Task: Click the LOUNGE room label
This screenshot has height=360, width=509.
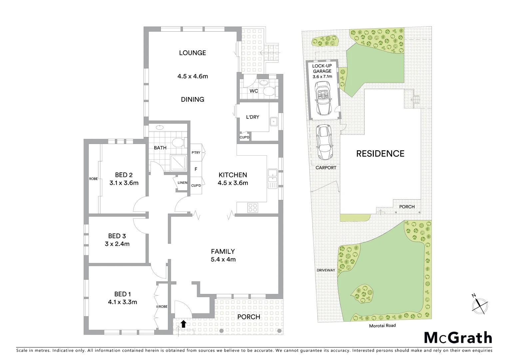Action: (193, 53)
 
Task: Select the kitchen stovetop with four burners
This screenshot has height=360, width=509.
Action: (252, 208)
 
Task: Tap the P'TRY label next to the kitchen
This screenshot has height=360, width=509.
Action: (196, 153)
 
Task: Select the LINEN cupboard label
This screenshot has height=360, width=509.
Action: (183, 183)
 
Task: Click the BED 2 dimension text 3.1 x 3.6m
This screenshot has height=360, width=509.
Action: (124, 183)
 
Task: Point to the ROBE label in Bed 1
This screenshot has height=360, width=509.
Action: (163, 306)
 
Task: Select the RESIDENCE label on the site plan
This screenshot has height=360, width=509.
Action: (380, 154)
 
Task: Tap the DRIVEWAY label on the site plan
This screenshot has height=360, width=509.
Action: (325, 270)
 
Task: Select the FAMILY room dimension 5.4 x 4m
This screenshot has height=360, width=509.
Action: (223, 259)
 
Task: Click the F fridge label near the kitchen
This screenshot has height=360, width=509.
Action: (196, 169)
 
